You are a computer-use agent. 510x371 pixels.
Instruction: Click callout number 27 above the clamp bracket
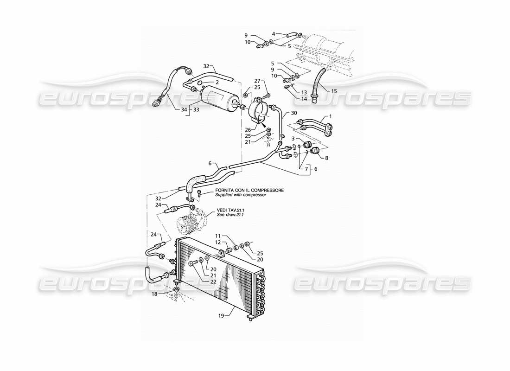[257, 80]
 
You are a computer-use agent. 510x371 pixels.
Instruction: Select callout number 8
[326, 158]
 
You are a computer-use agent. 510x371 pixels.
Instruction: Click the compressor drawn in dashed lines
[191, 221]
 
